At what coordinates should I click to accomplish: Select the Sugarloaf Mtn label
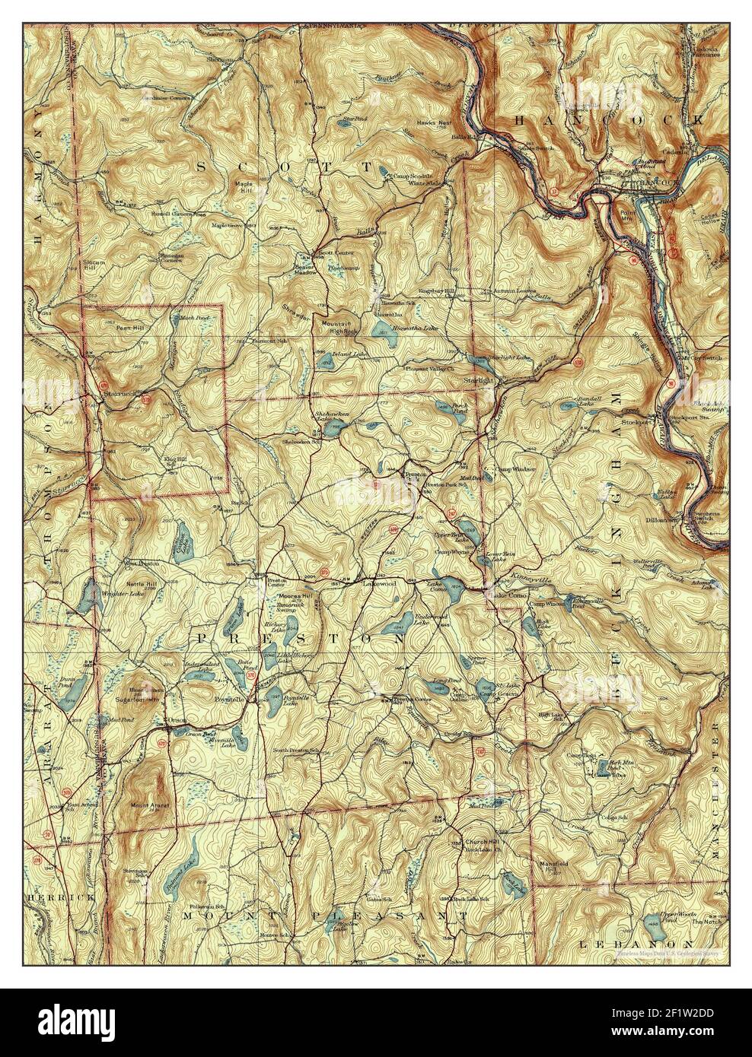[x=138, y=696]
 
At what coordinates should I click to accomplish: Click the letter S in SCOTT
[x=202, y=166]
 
